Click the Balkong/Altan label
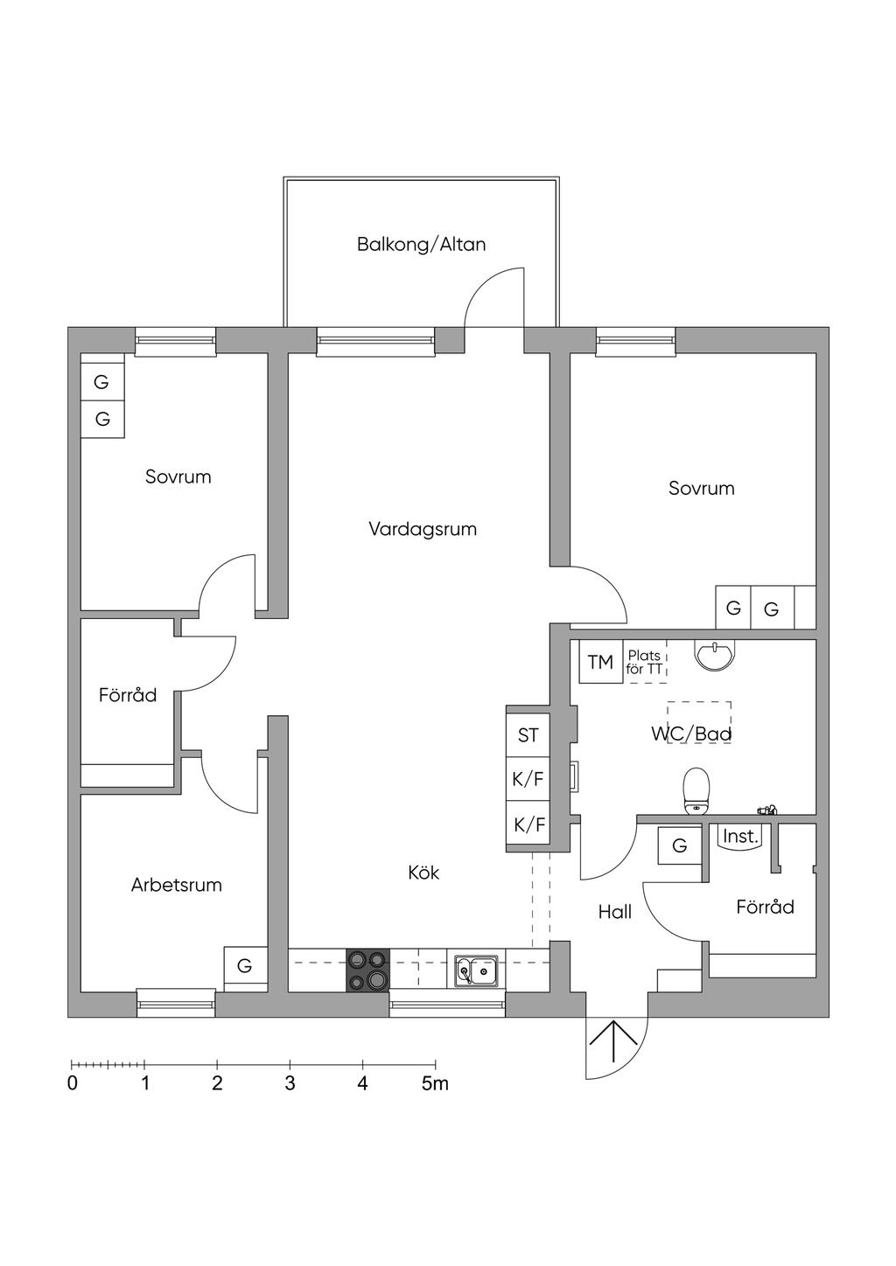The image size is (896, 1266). (421, 244)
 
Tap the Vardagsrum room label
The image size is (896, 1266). (423, 529)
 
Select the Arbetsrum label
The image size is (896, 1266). (176, 885)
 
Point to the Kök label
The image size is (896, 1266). (423, 873)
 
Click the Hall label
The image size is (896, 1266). (614, 912)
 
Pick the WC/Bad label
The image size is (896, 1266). (690, 734)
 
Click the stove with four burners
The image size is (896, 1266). (368, 970)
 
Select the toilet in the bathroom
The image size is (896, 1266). (696, 790)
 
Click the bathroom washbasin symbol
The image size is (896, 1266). (716, 654)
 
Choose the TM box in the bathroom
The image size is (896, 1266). (600, 662)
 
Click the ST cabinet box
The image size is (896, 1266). (528, 735)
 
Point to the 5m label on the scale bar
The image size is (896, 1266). (435, 1084)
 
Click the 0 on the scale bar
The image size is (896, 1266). (73, 1084)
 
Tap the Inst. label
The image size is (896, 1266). (740, 837)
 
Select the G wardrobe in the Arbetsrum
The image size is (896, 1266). (245, 966)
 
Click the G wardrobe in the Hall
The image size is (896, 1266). (679, 845)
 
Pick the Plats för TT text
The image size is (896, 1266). (645, 663)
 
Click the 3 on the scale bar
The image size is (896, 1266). (290, 1084)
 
